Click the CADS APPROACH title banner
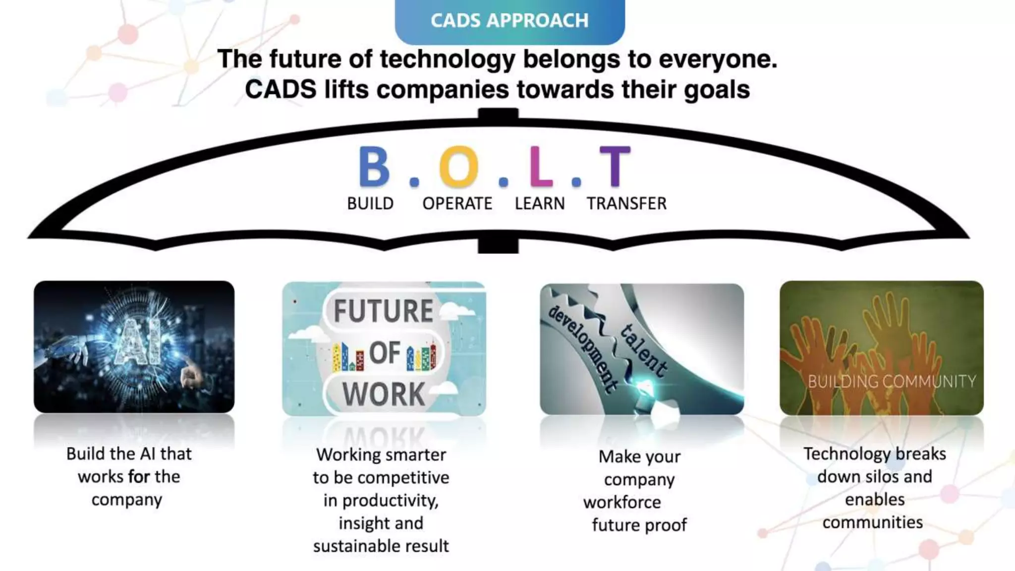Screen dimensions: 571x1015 point(509,21)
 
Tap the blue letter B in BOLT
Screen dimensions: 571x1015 point(374,167)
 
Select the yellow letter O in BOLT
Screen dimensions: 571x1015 point(458,167)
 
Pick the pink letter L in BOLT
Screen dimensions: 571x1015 point(540,167)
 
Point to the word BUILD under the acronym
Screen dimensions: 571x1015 point(370,204)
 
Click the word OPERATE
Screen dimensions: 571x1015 point(457,204)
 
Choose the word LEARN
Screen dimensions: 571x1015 point(540,204)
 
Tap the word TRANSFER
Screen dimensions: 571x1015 point(626,204)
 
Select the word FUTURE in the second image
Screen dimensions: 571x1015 point(384,311)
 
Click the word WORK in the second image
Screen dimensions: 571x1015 point(384,395)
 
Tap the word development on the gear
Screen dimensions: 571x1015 point(584,349)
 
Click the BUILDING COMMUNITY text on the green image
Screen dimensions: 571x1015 point(892,381)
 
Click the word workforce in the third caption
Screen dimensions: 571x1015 point(622,503)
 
